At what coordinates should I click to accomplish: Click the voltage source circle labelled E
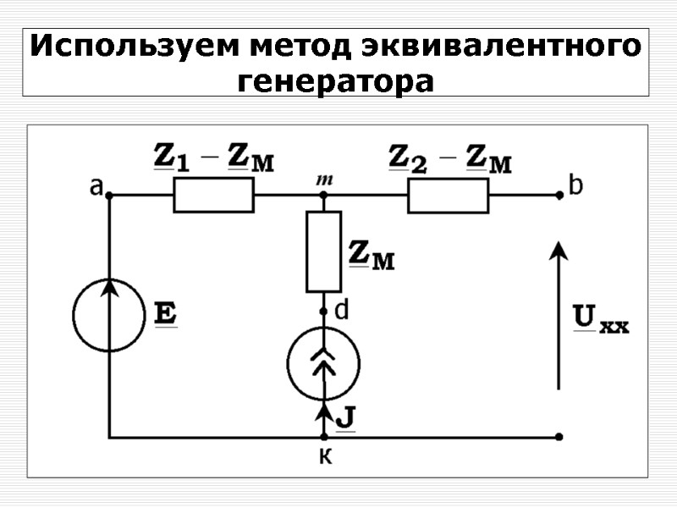coord(109,316)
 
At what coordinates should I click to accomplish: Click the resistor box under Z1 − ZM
coord(213,195)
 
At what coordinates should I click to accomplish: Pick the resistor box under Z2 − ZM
coord(448,195)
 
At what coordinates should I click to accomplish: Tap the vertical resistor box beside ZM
coord(323,251)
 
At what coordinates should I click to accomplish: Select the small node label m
coord(322,179)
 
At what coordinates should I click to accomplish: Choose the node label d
coord(342,311)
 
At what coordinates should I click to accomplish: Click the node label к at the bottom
coord(322,457)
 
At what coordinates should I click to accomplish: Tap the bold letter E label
coord(165,315)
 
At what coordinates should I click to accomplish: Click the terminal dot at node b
coord(559,195)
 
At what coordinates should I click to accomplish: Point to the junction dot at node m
coord(323,195)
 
